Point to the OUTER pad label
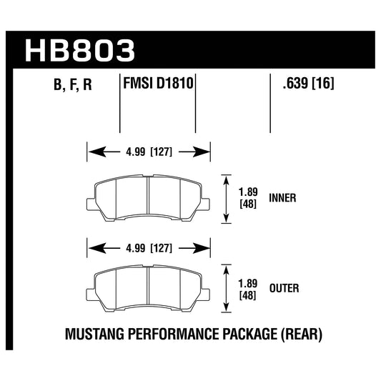pyautogui.click(x=284, y=288)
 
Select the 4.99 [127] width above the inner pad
pyautogui.click(x=148, y=152)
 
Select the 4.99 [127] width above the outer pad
pyautogui.click(x=148, y=249)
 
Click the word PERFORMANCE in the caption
pyautogui.click(x=169, y=332)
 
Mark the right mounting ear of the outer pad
pyautogui.click(x=206, y=292)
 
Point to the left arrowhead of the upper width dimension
pyautogui.click(x=92, y=152)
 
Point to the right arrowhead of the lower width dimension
pyautogui.click(x=204, y=249)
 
